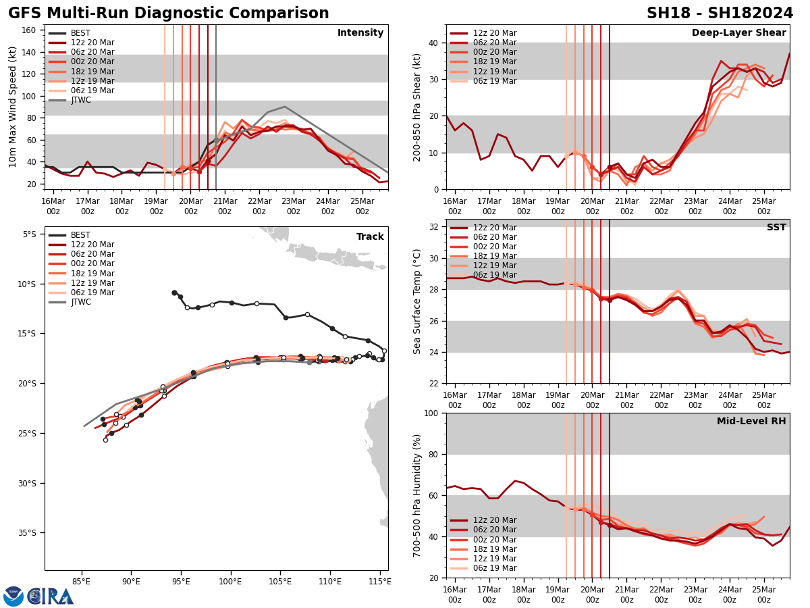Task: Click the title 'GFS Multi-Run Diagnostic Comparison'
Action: tap(169, 14)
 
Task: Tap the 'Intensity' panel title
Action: tap(360, 33)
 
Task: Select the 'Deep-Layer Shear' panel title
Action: tap(738, 33)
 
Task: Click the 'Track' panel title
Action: tap(370, 237)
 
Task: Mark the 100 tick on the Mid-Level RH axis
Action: tap(429, 413)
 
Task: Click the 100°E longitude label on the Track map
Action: tap(231, 580)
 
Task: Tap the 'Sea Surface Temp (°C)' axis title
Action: tap(418, 301)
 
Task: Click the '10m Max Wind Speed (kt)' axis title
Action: tap(13, 107)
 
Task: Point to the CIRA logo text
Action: tap(51, 596)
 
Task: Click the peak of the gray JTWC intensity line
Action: tap(285, 107)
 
